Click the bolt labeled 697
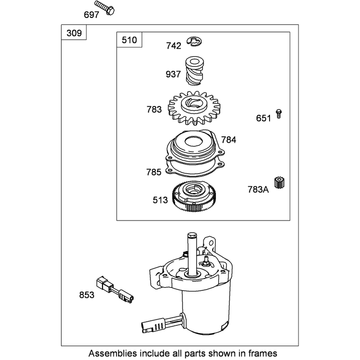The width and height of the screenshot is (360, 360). (104, 8)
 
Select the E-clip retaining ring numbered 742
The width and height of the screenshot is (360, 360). (194, 41)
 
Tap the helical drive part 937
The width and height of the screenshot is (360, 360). (194, 71)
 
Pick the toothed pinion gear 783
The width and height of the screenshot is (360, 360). (194, 108)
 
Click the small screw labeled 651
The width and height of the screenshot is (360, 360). (279, 114)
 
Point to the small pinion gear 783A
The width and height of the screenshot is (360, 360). (279, 183)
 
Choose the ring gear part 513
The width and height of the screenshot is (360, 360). (195, 196)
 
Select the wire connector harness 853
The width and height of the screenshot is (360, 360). (115, 290)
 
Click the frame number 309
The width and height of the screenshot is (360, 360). (74, 33)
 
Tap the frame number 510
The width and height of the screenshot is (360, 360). (129, 40)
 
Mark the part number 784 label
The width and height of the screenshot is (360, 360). (229, 139)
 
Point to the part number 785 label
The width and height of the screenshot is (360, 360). (154, 172)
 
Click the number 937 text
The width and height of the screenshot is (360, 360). (173, 74)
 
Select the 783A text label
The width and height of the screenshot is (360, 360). (258, 189)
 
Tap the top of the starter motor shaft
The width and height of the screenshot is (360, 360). (192, 235)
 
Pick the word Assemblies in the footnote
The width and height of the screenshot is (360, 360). (112, 353)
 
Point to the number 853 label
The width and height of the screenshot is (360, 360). (87, 295)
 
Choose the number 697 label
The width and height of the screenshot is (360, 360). (91, 15)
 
